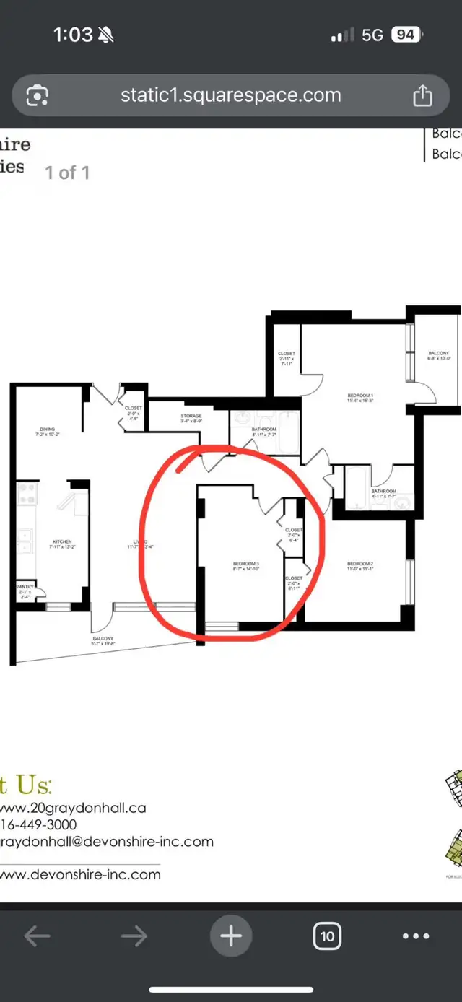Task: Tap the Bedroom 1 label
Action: pos(360,396)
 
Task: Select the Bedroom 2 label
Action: pos(359,564)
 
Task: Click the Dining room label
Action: pos(47,430)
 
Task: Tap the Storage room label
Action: pos(191,417)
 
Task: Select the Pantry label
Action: pos(25,587)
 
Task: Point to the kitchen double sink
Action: pos(25,539)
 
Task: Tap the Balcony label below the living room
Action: pos(103,639)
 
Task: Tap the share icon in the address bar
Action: pos(422,95)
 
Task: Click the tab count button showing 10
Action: pos(327,936)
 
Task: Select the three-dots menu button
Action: pos(416,936)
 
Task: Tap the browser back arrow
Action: pos(38,936)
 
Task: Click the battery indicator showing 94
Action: pos(406,35)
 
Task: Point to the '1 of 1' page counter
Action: pos(67,173)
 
